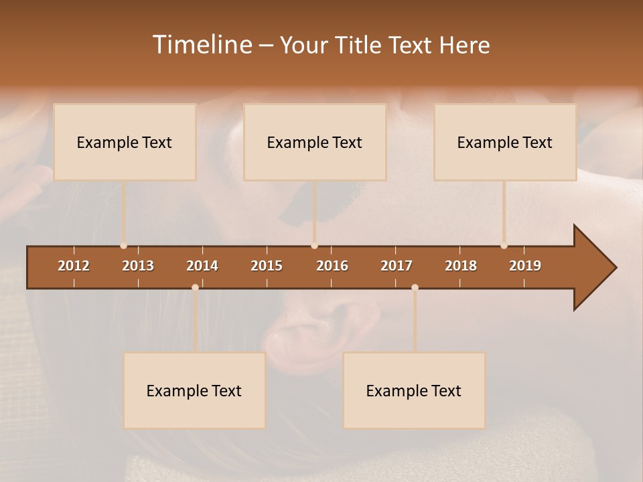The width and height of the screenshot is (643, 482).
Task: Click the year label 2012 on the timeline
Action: pyautogui.click(x=74, y=266)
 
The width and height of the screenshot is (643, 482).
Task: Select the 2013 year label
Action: pyautogui.click(x=138, y=266)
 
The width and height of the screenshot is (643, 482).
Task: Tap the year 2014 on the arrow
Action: pyautogui.click(x=202, y=266)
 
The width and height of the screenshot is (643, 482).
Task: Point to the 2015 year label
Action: pyautogui.click(x=267, y=266)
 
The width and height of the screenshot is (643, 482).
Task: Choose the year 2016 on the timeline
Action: pyautogui.click(x=332, y=266)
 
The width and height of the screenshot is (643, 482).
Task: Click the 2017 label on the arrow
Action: pyautogui.click(x=397, y=266)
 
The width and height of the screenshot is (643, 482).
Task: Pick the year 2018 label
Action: pyautogui.click(x=461, y=266)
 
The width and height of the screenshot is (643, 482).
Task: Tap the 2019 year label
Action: pyautogui.click(x=525, y=266)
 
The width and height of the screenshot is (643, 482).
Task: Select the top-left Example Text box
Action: pyautogui.click(x=125, y=142)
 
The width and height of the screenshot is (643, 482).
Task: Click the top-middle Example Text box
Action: pyautogui.click(x=315, y=142)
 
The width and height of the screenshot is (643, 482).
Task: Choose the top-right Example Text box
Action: pyautogui.click(x=505, y=142)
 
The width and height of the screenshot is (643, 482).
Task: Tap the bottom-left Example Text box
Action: pyautogui.click(x=194, y=390)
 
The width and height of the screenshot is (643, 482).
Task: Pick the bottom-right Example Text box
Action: pyautogui.click(x=414, y=390)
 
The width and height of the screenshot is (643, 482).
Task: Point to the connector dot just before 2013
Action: pyautogui.click(x=123, y=246)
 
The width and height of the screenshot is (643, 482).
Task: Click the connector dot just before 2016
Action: pyautogui.click(x=315, y=246)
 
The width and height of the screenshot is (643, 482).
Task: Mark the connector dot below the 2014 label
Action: pyautogui.click(x=195, y=287)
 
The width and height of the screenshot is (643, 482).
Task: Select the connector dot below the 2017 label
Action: pyautogui.click(x=415, y=287)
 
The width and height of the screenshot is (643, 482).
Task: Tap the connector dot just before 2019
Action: pyautogui.click(x=504, y=246)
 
